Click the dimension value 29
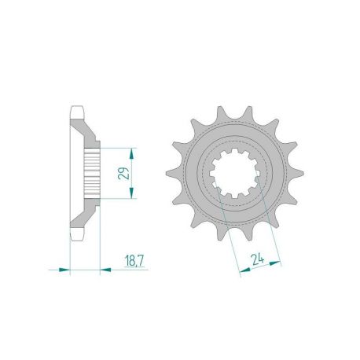coord(123,172)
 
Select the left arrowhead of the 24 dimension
coord(242,273)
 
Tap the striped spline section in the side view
coord(92,172)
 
